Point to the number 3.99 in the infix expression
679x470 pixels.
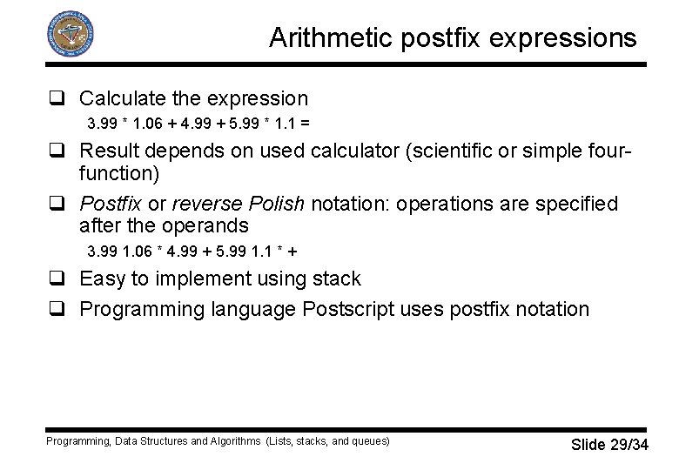point(103,121)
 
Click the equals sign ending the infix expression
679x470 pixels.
point(306,121)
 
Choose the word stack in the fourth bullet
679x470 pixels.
point(334,279)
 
